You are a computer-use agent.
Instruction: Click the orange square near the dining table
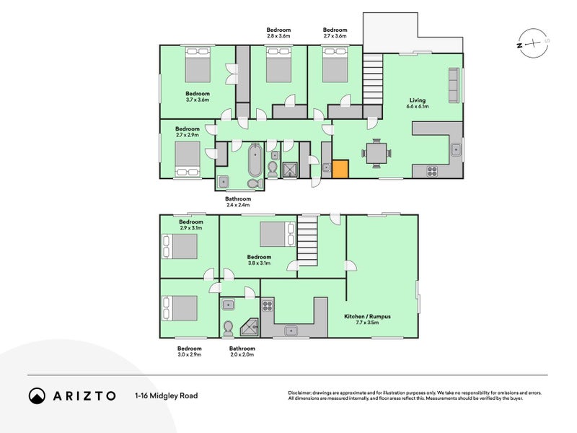[340, 169]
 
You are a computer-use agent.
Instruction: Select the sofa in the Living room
[454, 86]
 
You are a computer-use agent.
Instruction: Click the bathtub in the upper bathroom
[255, 161]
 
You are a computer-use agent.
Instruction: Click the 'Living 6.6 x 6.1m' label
[418, 103]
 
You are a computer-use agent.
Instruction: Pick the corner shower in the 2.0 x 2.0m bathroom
[250, 327]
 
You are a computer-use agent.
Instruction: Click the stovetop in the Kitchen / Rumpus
[267, 305]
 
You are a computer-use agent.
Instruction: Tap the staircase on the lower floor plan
[307, 242]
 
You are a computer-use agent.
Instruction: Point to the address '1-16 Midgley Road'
[166, 395]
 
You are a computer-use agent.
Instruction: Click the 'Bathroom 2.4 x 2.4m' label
[238, 201]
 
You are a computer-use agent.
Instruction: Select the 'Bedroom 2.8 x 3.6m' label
[278, 32]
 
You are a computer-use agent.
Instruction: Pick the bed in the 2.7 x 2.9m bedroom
[188, 157]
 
